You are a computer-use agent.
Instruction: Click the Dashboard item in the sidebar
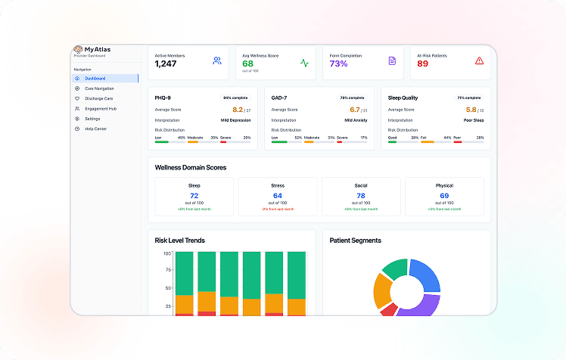[95, 79]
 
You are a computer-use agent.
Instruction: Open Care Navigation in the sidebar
[99, 88]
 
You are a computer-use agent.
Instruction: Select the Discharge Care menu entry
[98, 98]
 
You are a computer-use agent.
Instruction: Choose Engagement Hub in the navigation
[100, 108]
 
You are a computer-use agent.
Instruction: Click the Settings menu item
[92, 119]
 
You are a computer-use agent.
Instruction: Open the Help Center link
[95, 129]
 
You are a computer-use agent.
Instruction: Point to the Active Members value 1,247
[166, 64]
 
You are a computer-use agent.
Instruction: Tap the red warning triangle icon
[479, 61]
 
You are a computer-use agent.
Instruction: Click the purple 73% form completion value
[338, 64]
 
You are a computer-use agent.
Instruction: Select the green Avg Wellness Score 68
[247, 64]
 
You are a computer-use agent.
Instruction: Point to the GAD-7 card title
[278, 98]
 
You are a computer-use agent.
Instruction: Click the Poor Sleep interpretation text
[474, 119]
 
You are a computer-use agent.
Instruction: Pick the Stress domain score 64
[278, 195]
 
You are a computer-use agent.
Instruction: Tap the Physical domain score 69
[444, 195]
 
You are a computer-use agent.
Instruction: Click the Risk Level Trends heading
[179, 241]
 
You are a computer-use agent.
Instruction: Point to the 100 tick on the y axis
[166, 253]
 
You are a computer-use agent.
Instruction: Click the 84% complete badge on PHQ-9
[235, 98]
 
